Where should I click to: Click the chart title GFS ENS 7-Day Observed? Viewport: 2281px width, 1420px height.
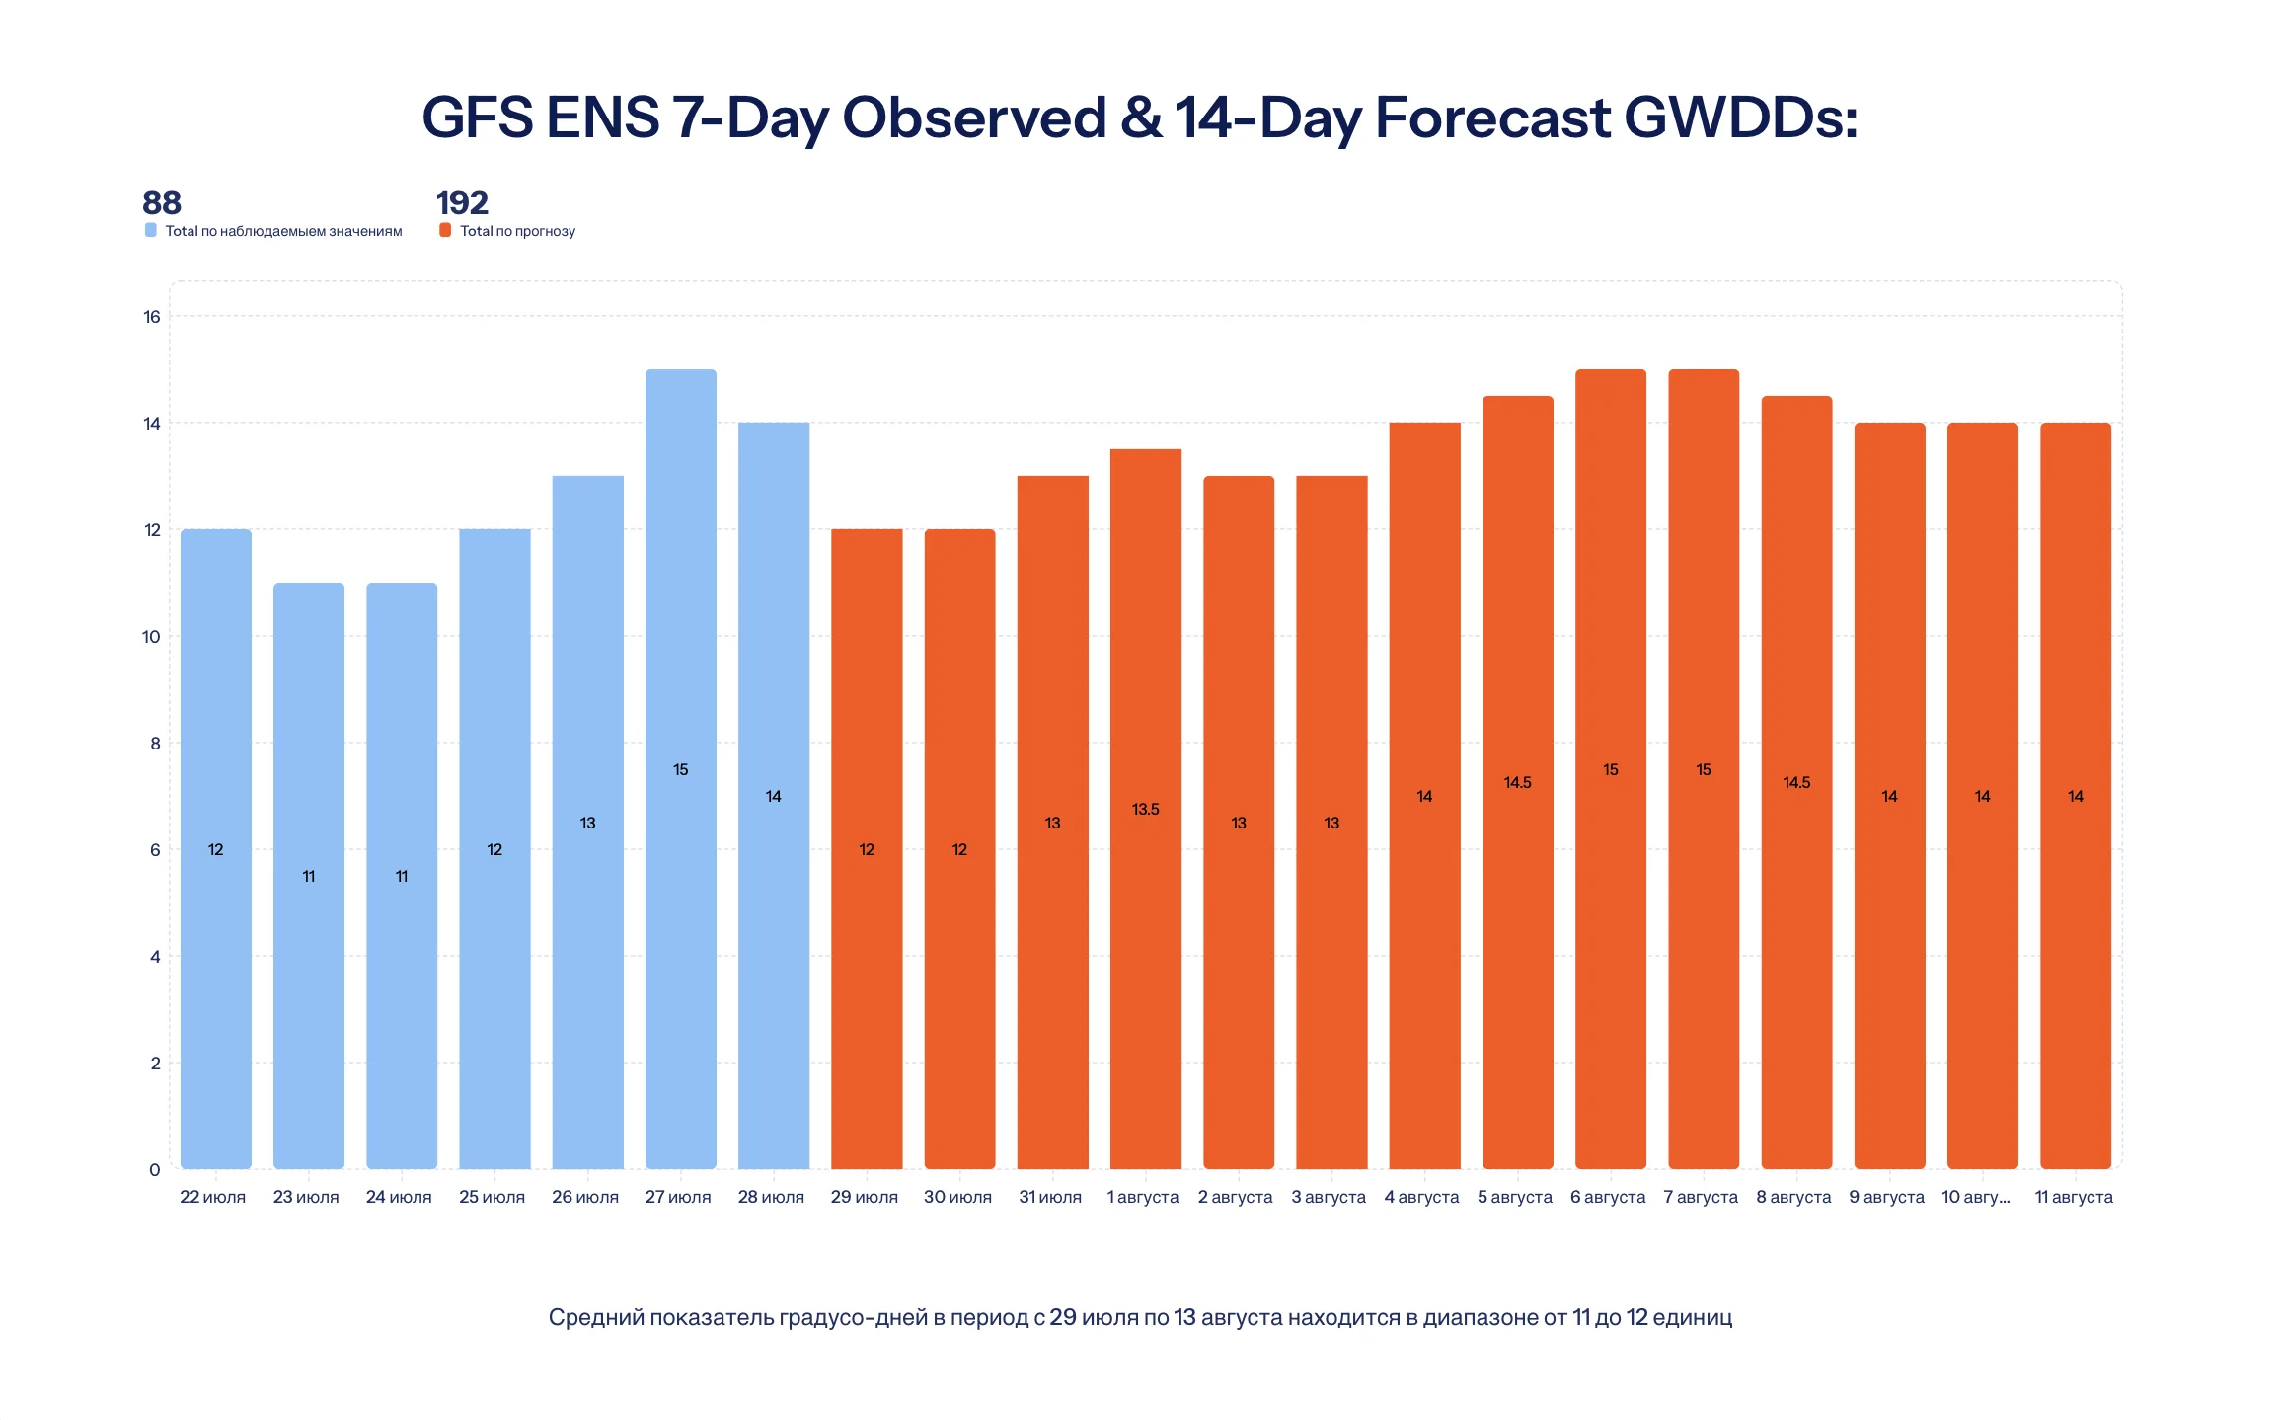tap(1140, 118)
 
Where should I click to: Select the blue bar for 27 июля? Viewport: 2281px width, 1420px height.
tap(680, 769)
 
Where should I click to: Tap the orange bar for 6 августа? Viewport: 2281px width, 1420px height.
tap(1610, 769)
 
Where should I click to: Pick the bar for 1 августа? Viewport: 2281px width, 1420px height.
tap(1145, 809)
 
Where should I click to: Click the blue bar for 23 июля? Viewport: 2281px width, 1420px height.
tap(309, 876)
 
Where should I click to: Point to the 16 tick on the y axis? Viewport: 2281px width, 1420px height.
tap(152, 317)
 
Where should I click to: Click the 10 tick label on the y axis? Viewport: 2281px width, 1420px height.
tap(151, 637)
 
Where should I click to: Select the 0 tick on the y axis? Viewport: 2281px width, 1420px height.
tap(155, 1170)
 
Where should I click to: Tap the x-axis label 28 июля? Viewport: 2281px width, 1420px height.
tap(771, 1197)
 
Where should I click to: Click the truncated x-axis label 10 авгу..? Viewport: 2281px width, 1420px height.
tap(1976, 1197)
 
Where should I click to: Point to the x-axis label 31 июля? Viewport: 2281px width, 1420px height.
tap(1050, 1197)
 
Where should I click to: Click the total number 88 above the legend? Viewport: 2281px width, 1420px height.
tap(162, 202)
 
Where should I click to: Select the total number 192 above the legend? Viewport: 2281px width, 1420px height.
tap(462, 202)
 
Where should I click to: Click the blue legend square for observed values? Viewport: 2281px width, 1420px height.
tap(151, 230)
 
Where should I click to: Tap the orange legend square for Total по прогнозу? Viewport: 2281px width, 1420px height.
tap(445, 230)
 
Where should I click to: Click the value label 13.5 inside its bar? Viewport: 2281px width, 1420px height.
tap(1145, 809)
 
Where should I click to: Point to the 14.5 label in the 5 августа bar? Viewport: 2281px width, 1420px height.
tap(1517, 782)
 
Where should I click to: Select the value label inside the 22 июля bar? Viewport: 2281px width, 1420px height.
tap(215, 849)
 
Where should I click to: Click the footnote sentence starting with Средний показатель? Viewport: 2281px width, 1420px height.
tap(1140, 1317)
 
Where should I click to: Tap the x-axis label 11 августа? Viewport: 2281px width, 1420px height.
tap(2074, 1197)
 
